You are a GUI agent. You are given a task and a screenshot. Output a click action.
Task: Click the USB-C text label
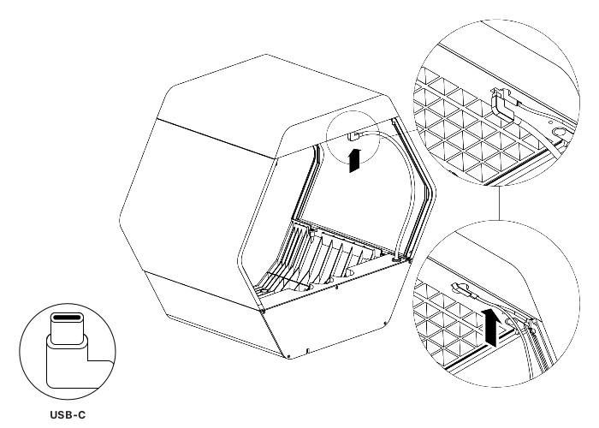(68, 414)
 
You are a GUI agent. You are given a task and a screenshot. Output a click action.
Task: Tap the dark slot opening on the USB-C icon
(68, 318)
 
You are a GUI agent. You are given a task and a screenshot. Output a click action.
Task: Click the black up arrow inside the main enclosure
(355, 161)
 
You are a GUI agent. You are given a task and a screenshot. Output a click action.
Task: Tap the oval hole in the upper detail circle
(560, 132)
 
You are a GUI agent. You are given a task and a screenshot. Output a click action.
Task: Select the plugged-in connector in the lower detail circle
(464, 289)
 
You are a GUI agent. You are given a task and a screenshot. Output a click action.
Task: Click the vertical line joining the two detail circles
(499, 203)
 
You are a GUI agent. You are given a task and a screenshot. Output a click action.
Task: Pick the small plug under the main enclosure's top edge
(354, 136)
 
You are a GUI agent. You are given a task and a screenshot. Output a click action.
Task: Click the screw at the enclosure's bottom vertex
(288, 357)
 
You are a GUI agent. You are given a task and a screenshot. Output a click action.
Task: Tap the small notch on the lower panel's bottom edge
(308, 350)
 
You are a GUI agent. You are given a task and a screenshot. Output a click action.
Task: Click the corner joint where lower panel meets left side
(264, 311)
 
